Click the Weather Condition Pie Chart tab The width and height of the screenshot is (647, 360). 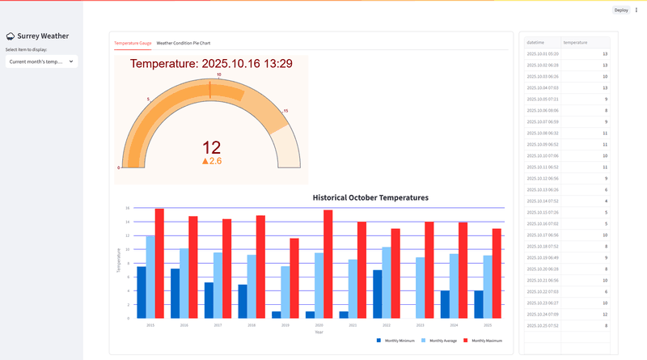tap(184, 42)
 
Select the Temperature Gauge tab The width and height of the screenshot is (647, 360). tap(133, 42)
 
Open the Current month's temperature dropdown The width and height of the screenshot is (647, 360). tap(40, 61)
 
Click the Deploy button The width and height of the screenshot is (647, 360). tap(621, 10)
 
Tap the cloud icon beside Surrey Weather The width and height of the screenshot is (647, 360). tap(11, 36)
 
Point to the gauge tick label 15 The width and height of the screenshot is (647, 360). tap(285, 111)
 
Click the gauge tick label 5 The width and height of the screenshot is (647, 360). tap(148, 99)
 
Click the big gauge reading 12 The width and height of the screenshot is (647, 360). tap(211, 147)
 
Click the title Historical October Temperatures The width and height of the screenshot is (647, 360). tap(370, 197)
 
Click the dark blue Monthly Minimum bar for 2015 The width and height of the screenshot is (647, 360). tap(142, 292)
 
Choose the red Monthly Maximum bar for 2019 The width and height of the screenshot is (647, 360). tap(294, 277)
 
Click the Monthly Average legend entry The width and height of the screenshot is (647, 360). tap(442, 341)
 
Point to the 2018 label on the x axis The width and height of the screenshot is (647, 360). tap(252, 324)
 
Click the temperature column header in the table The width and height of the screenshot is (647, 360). tap(576, 41)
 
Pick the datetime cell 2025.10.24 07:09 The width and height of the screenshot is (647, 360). tap(542, 314)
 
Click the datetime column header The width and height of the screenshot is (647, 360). tap(535, 41)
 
